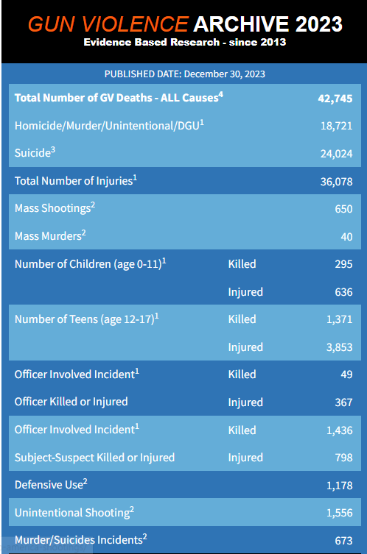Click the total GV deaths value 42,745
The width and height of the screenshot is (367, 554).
pos(335,99)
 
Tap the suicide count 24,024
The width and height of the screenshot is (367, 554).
pos(336,154)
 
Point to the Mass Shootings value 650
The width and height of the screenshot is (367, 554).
pos(343,209)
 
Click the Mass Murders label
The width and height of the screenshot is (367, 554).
pos(50,235)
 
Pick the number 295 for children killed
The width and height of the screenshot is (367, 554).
pos(343,264)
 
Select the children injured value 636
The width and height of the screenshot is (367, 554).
pos(343,292)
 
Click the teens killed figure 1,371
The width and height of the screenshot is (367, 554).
pos(340,319)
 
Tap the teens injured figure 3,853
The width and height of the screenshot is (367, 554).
pos(340,347)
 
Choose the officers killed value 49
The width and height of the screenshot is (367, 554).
pos(346,374)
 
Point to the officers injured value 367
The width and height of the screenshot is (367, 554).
pos(343,402)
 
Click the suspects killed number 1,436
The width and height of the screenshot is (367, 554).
pos(340,430)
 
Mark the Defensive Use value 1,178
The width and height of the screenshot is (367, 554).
pos(340,485)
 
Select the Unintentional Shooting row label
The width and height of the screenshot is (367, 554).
pos(74,512)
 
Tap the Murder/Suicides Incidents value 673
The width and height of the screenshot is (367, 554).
pos(343,540)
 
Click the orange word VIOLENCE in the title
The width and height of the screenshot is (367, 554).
pos(136,24)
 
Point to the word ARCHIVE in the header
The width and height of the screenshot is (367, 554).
pos(242,24)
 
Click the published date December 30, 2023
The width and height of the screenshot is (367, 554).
pos(224,74)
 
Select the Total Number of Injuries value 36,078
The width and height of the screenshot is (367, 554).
pos(336,182)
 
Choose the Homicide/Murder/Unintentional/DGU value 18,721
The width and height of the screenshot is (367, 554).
pos(336,126)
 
